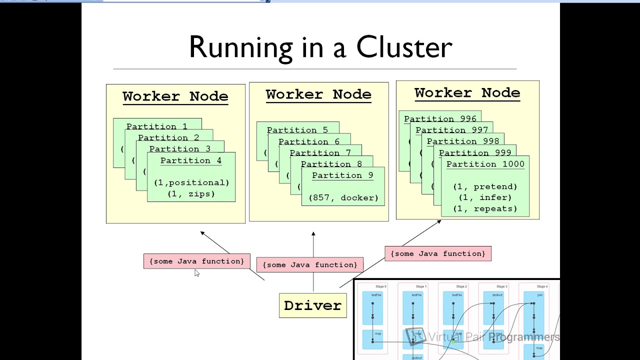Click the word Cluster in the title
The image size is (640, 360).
(x=404, y=47)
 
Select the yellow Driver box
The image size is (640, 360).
(x=312, y=305)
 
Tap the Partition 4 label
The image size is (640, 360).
(x=190, y=160)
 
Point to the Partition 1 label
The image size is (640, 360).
(x=156, y=126)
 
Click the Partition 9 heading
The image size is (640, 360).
(x=342, y=175)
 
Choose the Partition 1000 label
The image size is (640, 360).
(x=485, y=164)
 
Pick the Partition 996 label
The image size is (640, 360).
(x=440, y=119)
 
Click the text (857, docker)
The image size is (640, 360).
(x=343, y=197)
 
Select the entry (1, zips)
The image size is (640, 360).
(x=191, y=193)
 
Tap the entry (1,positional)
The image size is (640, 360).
(x=191, y=182)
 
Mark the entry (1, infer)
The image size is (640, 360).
(x=485, y=197)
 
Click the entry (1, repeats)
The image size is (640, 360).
(x=485, y=208)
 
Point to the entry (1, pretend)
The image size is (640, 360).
(x=485, y=186)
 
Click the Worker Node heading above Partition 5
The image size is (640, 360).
(x=318, y=94)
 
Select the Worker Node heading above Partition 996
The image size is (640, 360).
(x=467, y=93)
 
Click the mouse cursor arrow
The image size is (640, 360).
(x=196, y=272)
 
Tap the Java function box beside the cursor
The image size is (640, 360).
(x=196, y=261)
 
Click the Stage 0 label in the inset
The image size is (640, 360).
(x=380, y=286)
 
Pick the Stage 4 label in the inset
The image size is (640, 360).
(x=541, y=286)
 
